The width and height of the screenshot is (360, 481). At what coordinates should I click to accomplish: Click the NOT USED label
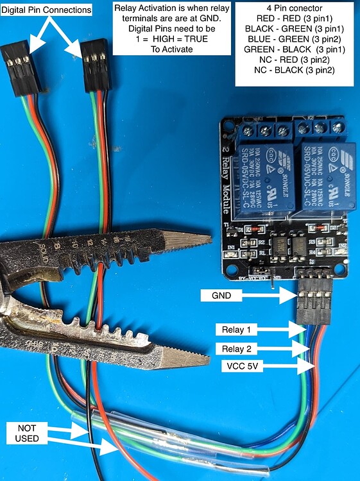coord(28,431)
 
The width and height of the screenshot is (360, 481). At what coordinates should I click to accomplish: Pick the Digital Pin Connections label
coord(47,10)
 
